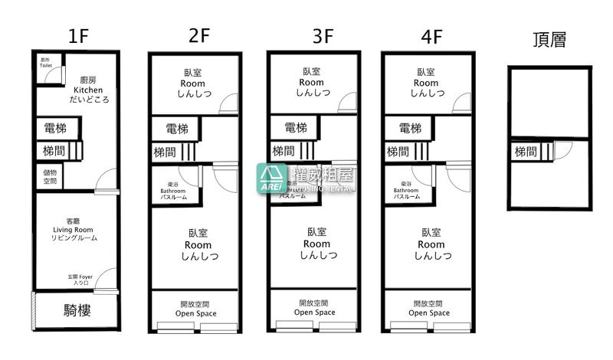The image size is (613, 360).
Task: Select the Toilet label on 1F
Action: [x=46, y=63]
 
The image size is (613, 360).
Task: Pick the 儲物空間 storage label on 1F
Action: [x=49, y=177]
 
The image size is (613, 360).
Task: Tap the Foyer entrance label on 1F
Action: [x=80, y=280]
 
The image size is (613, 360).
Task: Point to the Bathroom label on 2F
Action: [x=173, y=190]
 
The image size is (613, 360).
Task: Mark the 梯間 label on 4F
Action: [x=397, y=151]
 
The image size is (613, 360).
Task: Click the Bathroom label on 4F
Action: [x=406, y=190]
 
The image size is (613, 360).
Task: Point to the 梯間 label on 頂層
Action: [x=526, y=152]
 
